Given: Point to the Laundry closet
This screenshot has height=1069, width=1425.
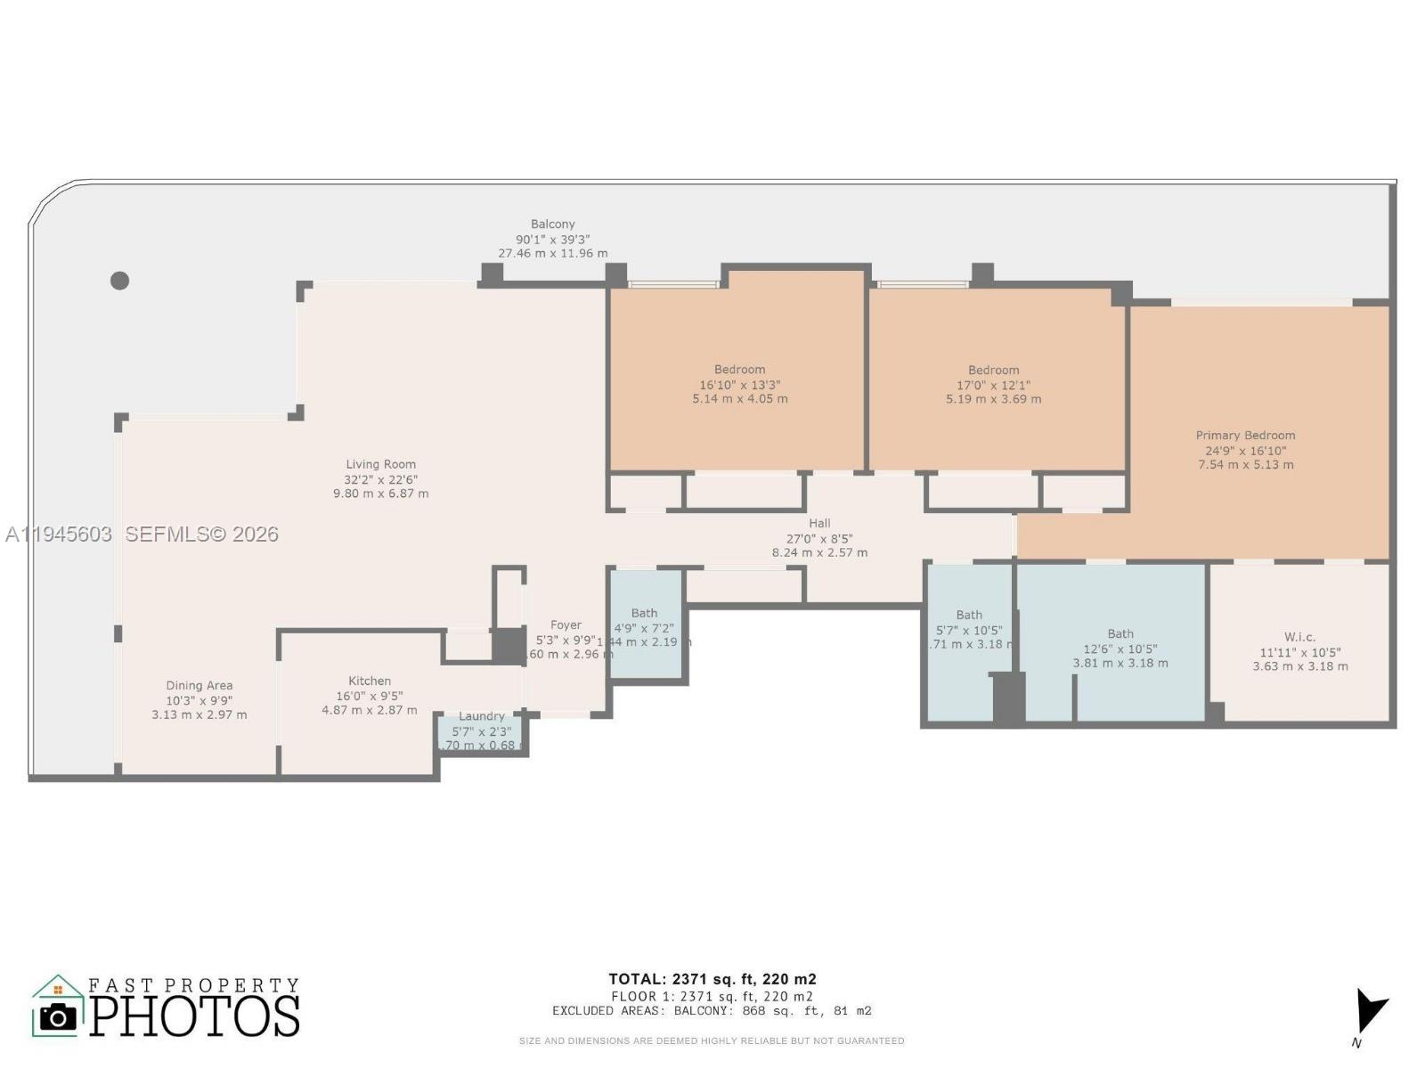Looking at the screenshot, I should click(x=481, y=731).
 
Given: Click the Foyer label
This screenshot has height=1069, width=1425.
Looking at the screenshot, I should click(x=566, y=625).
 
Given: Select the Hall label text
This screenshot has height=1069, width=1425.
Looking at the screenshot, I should click(x=819, y=523).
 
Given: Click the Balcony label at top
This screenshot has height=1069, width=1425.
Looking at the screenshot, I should click(x=552, y=224).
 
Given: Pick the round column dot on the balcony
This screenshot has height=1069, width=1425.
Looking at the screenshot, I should click(x=120, y=281).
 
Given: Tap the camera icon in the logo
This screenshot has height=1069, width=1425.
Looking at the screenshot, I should click(x=59, y=1016).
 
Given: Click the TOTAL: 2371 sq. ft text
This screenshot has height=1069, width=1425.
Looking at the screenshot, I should click(x=712, y=979).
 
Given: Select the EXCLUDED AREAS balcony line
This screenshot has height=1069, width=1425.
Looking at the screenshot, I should click(x=712, y=1011).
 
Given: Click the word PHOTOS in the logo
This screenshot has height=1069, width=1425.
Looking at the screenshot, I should click(x=194, y=1016).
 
